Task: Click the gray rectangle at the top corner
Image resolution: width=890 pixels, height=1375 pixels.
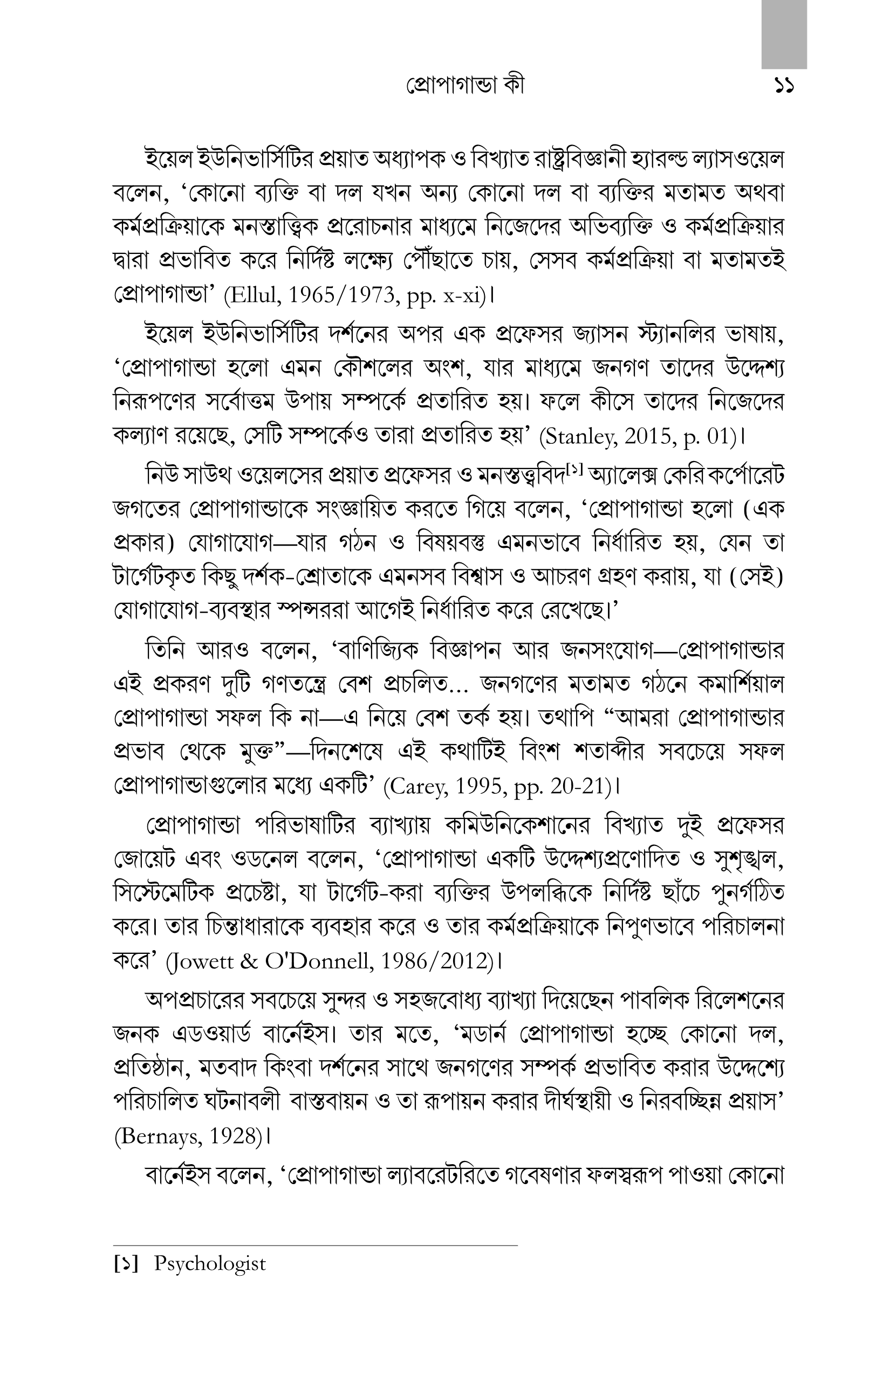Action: point(784,34)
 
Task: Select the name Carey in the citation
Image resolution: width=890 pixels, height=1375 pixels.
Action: point(419,787)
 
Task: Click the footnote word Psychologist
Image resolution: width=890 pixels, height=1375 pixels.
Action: point(210,1263)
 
